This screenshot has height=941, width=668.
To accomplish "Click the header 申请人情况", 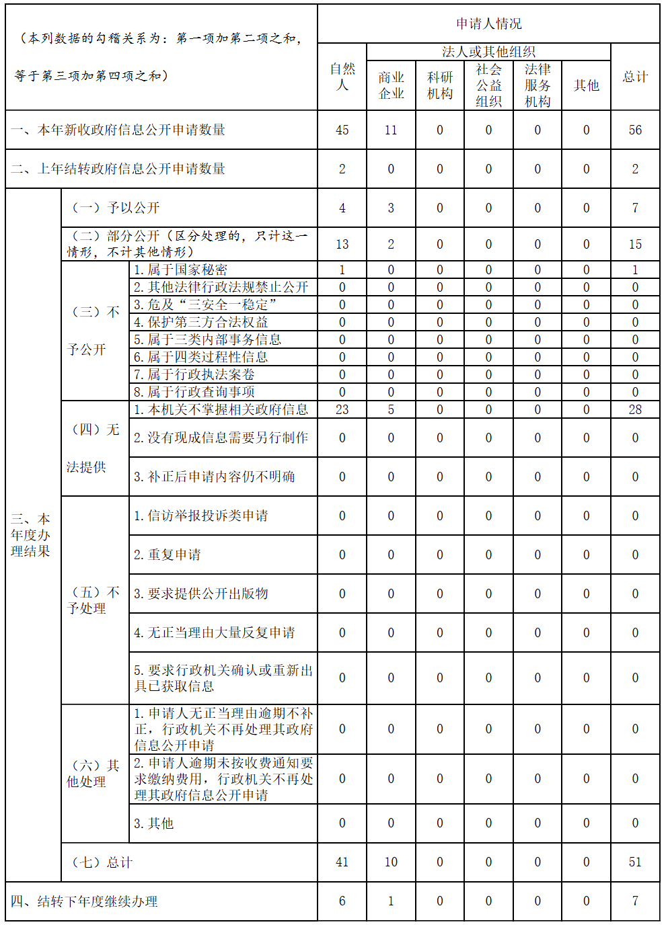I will [488, 24].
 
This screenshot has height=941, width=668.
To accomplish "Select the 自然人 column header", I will [342, 77].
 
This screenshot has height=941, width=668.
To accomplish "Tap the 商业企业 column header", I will [391, 85].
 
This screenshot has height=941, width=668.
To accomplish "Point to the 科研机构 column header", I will [440, 85].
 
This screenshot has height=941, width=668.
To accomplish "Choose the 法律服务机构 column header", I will [537, 85].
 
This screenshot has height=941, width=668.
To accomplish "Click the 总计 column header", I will [635, 77].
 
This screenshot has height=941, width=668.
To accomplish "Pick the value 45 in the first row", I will [342, 130].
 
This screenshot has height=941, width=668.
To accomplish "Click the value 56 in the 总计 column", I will [635, 130].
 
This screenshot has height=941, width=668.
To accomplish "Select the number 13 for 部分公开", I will [342, 245].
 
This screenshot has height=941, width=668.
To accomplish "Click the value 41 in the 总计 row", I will [342, 862].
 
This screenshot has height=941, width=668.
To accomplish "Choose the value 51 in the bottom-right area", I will [635, 862].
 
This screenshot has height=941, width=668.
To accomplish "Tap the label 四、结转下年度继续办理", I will [84, 901].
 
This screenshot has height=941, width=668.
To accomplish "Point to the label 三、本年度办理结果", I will [30, 535].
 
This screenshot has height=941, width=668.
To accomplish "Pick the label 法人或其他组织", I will [488, 52].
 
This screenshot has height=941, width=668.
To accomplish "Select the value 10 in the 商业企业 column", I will [391, 862].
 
